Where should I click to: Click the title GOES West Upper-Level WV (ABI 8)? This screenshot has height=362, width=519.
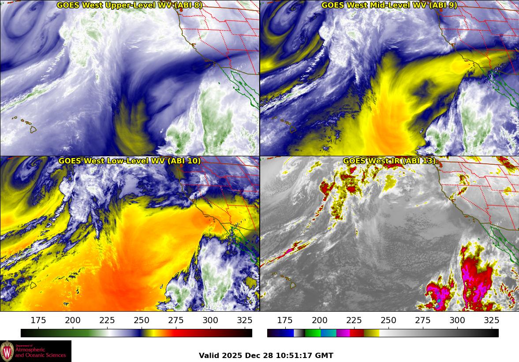pos(130,5)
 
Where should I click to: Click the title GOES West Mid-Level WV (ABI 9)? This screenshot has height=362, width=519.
pos(389,5)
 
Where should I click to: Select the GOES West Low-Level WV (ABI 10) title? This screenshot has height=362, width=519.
pos(130,161)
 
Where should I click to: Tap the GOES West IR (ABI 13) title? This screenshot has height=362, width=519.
pos(389,161)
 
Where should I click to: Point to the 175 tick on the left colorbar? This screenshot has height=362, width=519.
pos(38,321)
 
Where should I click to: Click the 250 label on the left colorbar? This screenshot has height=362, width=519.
pos(142,321)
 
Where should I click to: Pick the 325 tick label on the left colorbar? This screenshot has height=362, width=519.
pos(245,321)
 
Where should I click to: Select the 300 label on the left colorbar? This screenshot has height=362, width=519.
pos(210,321)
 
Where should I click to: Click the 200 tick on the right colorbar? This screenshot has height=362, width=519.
pos(319,321)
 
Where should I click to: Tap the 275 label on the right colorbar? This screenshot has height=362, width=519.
pos(422,321)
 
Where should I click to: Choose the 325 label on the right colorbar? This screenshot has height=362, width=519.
pos(491,321)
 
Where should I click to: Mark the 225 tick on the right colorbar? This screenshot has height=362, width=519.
pos(354,321)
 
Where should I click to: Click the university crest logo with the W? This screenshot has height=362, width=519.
pos(7,351)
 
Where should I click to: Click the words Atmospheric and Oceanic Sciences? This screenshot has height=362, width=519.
pos(41,353)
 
